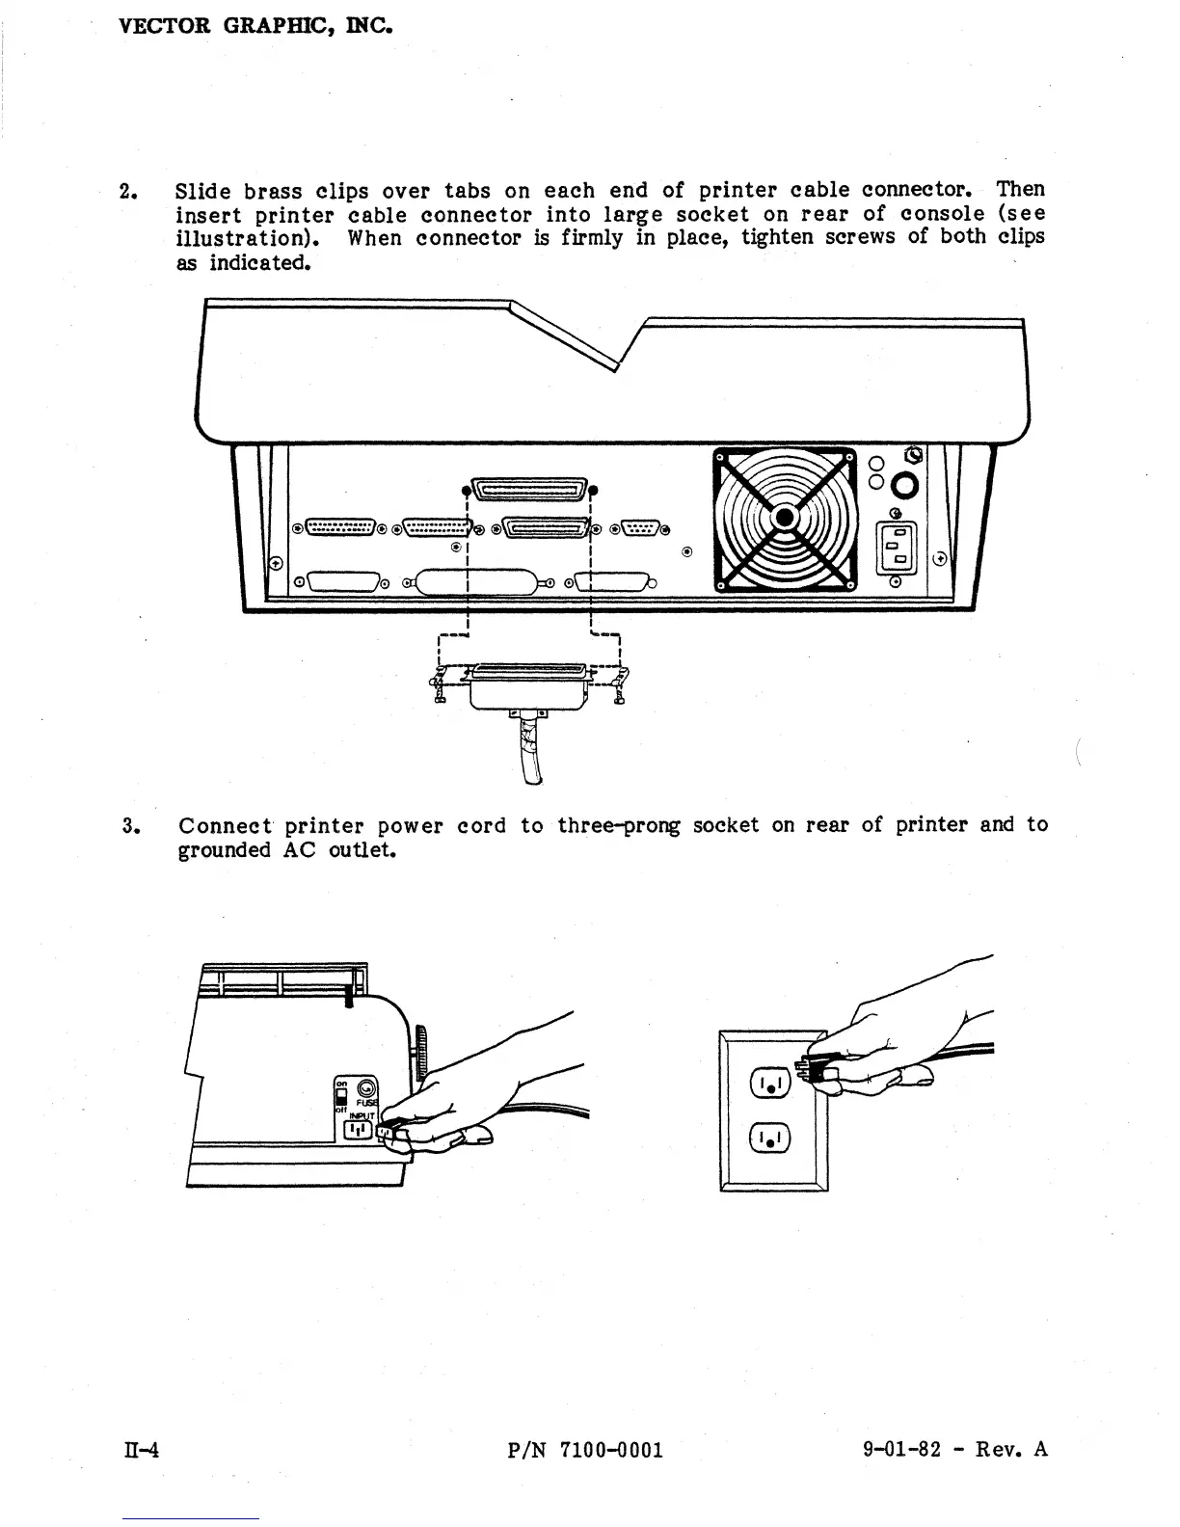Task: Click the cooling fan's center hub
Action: (x=785, y=519)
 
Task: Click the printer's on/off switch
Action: (x=340, y=1095)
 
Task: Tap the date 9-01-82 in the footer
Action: (x=900, y=1450)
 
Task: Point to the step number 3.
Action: (x=128, y=826)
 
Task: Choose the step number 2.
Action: (x=125, y=190)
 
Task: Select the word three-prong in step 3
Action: (x=619, y=825)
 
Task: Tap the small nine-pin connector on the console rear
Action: (x=640, y=526)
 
